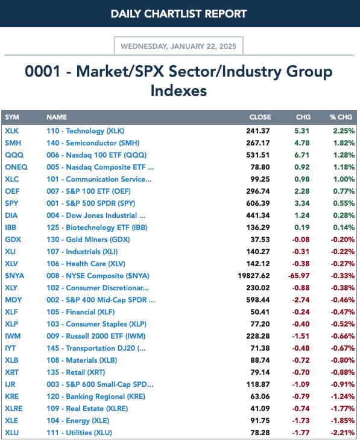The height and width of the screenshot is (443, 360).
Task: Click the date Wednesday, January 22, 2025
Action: point(178,46)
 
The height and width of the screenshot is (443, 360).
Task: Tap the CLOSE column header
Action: point(260,117)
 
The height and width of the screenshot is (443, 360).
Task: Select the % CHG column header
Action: point(341,117)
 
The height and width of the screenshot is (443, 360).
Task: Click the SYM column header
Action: point(12,117)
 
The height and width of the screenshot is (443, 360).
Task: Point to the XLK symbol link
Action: point(11,131)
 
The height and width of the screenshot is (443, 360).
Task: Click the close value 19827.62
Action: point(253,275)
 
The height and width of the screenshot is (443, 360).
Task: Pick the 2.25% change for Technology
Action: point(344,131)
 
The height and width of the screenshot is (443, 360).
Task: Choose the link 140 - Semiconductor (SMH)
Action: point(93,143)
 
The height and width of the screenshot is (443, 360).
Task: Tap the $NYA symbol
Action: point(14,275)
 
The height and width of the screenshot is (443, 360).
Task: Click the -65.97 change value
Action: point(298,275)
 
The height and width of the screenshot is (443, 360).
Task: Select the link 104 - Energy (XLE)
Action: point(78,421)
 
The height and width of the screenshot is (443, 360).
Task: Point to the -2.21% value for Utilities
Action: point(343,433)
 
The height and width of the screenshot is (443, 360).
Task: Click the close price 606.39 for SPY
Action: point(257,203)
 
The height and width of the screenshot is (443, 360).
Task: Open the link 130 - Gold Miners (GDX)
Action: point(88,240)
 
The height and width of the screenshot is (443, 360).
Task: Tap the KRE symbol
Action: point(12,397)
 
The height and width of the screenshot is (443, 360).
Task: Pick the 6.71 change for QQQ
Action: point(302,155)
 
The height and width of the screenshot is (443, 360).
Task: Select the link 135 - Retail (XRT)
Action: point(75,372)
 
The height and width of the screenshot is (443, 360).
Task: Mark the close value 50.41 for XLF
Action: point(260,312)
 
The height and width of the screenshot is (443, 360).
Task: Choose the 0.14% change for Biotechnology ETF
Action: point(344,228)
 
